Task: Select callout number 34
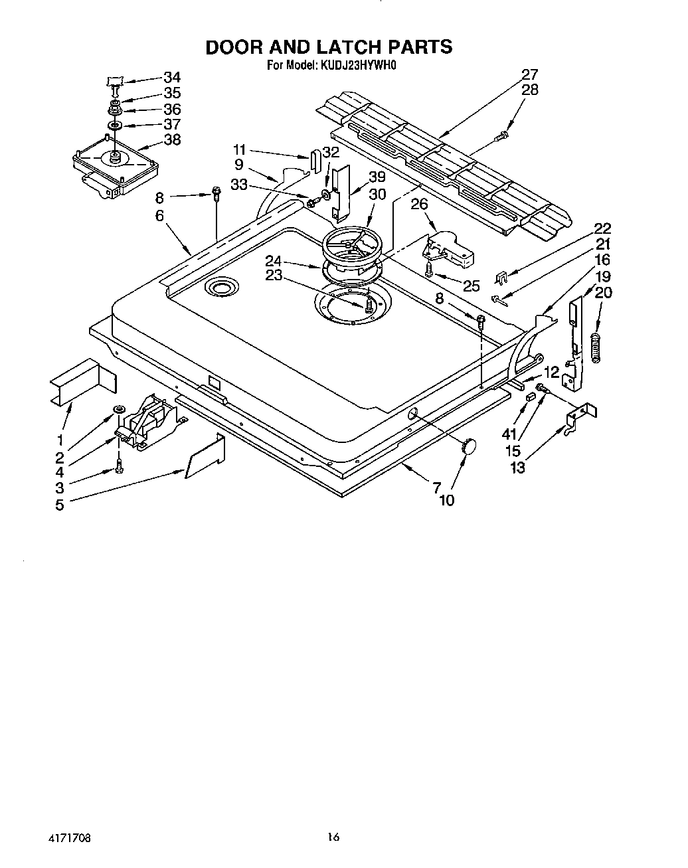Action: (171, 77)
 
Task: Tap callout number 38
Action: (171, 140)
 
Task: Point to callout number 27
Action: (529, 74)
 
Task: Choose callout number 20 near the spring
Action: (604, 292)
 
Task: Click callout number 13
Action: (517, 468)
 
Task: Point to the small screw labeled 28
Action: (502, 136)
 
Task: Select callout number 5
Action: (60, 505)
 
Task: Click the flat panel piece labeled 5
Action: (205, 457)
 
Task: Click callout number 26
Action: (419, 204)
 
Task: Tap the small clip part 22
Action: (503, 276)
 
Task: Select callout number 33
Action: (239, 185)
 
